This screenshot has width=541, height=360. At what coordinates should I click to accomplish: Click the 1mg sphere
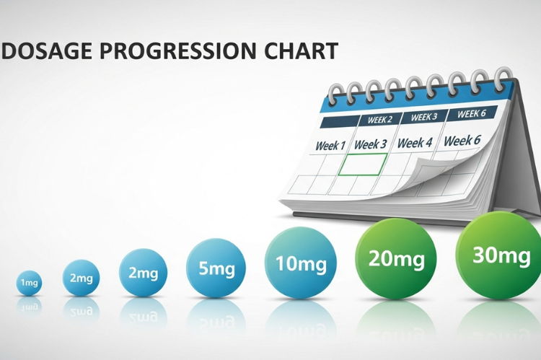(29, 283)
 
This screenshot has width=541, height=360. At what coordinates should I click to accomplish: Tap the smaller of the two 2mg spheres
(80, 278)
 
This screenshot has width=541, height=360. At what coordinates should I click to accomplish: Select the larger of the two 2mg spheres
(143, 273)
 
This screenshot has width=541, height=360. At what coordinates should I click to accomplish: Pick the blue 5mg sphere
(216, 268)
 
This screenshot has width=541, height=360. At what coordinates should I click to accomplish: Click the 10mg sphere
(300, 263)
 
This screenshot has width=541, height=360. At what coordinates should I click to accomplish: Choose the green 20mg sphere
(396, 258)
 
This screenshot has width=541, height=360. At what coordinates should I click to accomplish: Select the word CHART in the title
(302, 51)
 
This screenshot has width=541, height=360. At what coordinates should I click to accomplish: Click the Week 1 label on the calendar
(330, 146)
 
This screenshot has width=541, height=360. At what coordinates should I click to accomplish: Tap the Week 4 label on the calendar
(415, 143)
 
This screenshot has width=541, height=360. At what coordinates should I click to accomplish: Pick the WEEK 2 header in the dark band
(380, 120)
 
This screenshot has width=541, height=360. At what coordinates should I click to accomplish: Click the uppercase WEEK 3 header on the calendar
(424, 117)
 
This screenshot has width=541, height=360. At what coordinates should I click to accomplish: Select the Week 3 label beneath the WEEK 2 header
(371, 144)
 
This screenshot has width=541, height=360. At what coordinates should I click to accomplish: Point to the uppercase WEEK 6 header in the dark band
(471, 114)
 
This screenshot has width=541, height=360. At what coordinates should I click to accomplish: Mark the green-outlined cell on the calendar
(363, 164)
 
